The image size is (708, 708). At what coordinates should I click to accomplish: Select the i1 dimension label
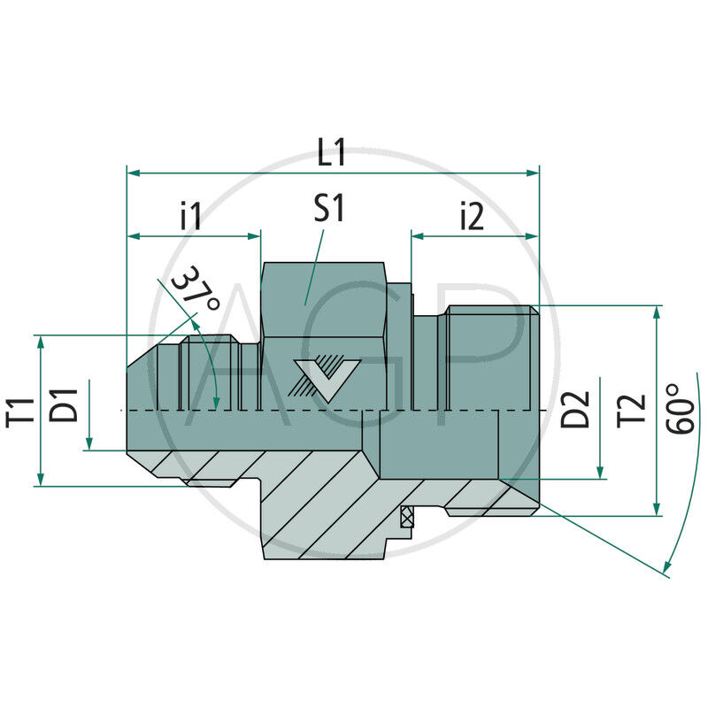pos(191,216)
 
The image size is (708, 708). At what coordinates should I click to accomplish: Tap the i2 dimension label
pos(473,216)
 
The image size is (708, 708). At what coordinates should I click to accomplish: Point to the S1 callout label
pos(329,210)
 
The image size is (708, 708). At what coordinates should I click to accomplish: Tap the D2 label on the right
pos(578,408)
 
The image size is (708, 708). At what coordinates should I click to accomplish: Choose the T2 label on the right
pos(632,408)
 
